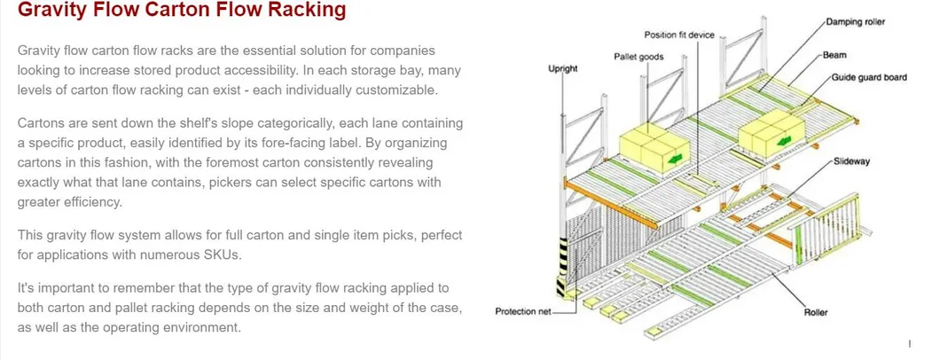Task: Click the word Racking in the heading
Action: click(x=301, y=12)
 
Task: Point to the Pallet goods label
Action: click(x=638, y=57)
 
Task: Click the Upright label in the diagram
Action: click(x=563, y=68)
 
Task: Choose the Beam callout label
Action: click(x=833, y=55)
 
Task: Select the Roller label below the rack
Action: click(x=815, y=312)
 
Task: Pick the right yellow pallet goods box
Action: click(x=768, y=133)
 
